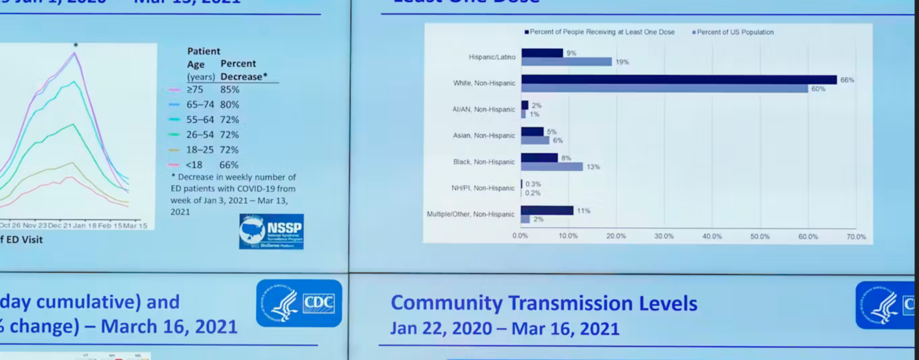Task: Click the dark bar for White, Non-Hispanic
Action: (678, 80)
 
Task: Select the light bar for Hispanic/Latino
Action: (566, 62)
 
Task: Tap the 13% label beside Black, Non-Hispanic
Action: (593, 167)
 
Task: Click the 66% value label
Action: (848, 80)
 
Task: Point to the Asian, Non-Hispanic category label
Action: (483, 135)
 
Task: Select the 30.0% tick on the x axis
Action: (664, 236)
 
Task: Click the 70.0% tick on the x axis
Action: (856, 236)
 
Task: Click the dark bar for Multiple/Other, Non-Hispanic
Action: (547, 210)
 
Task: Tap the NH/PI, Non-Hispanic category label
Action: (483, 188)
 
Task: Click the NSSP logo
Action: (271, 231)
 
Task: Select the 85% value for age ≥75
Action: (230, 89)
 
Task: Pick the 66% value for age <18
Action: (230, 165)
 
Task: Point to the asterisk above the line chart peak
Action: (75, 45)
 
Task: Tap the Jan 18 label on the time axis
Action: (84, 225)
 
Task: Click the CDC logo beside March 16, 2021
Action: (299, 303)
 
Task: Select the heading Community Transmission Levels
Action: (544, 303)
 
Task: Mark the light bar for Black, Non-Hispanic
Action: (551, 167)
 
